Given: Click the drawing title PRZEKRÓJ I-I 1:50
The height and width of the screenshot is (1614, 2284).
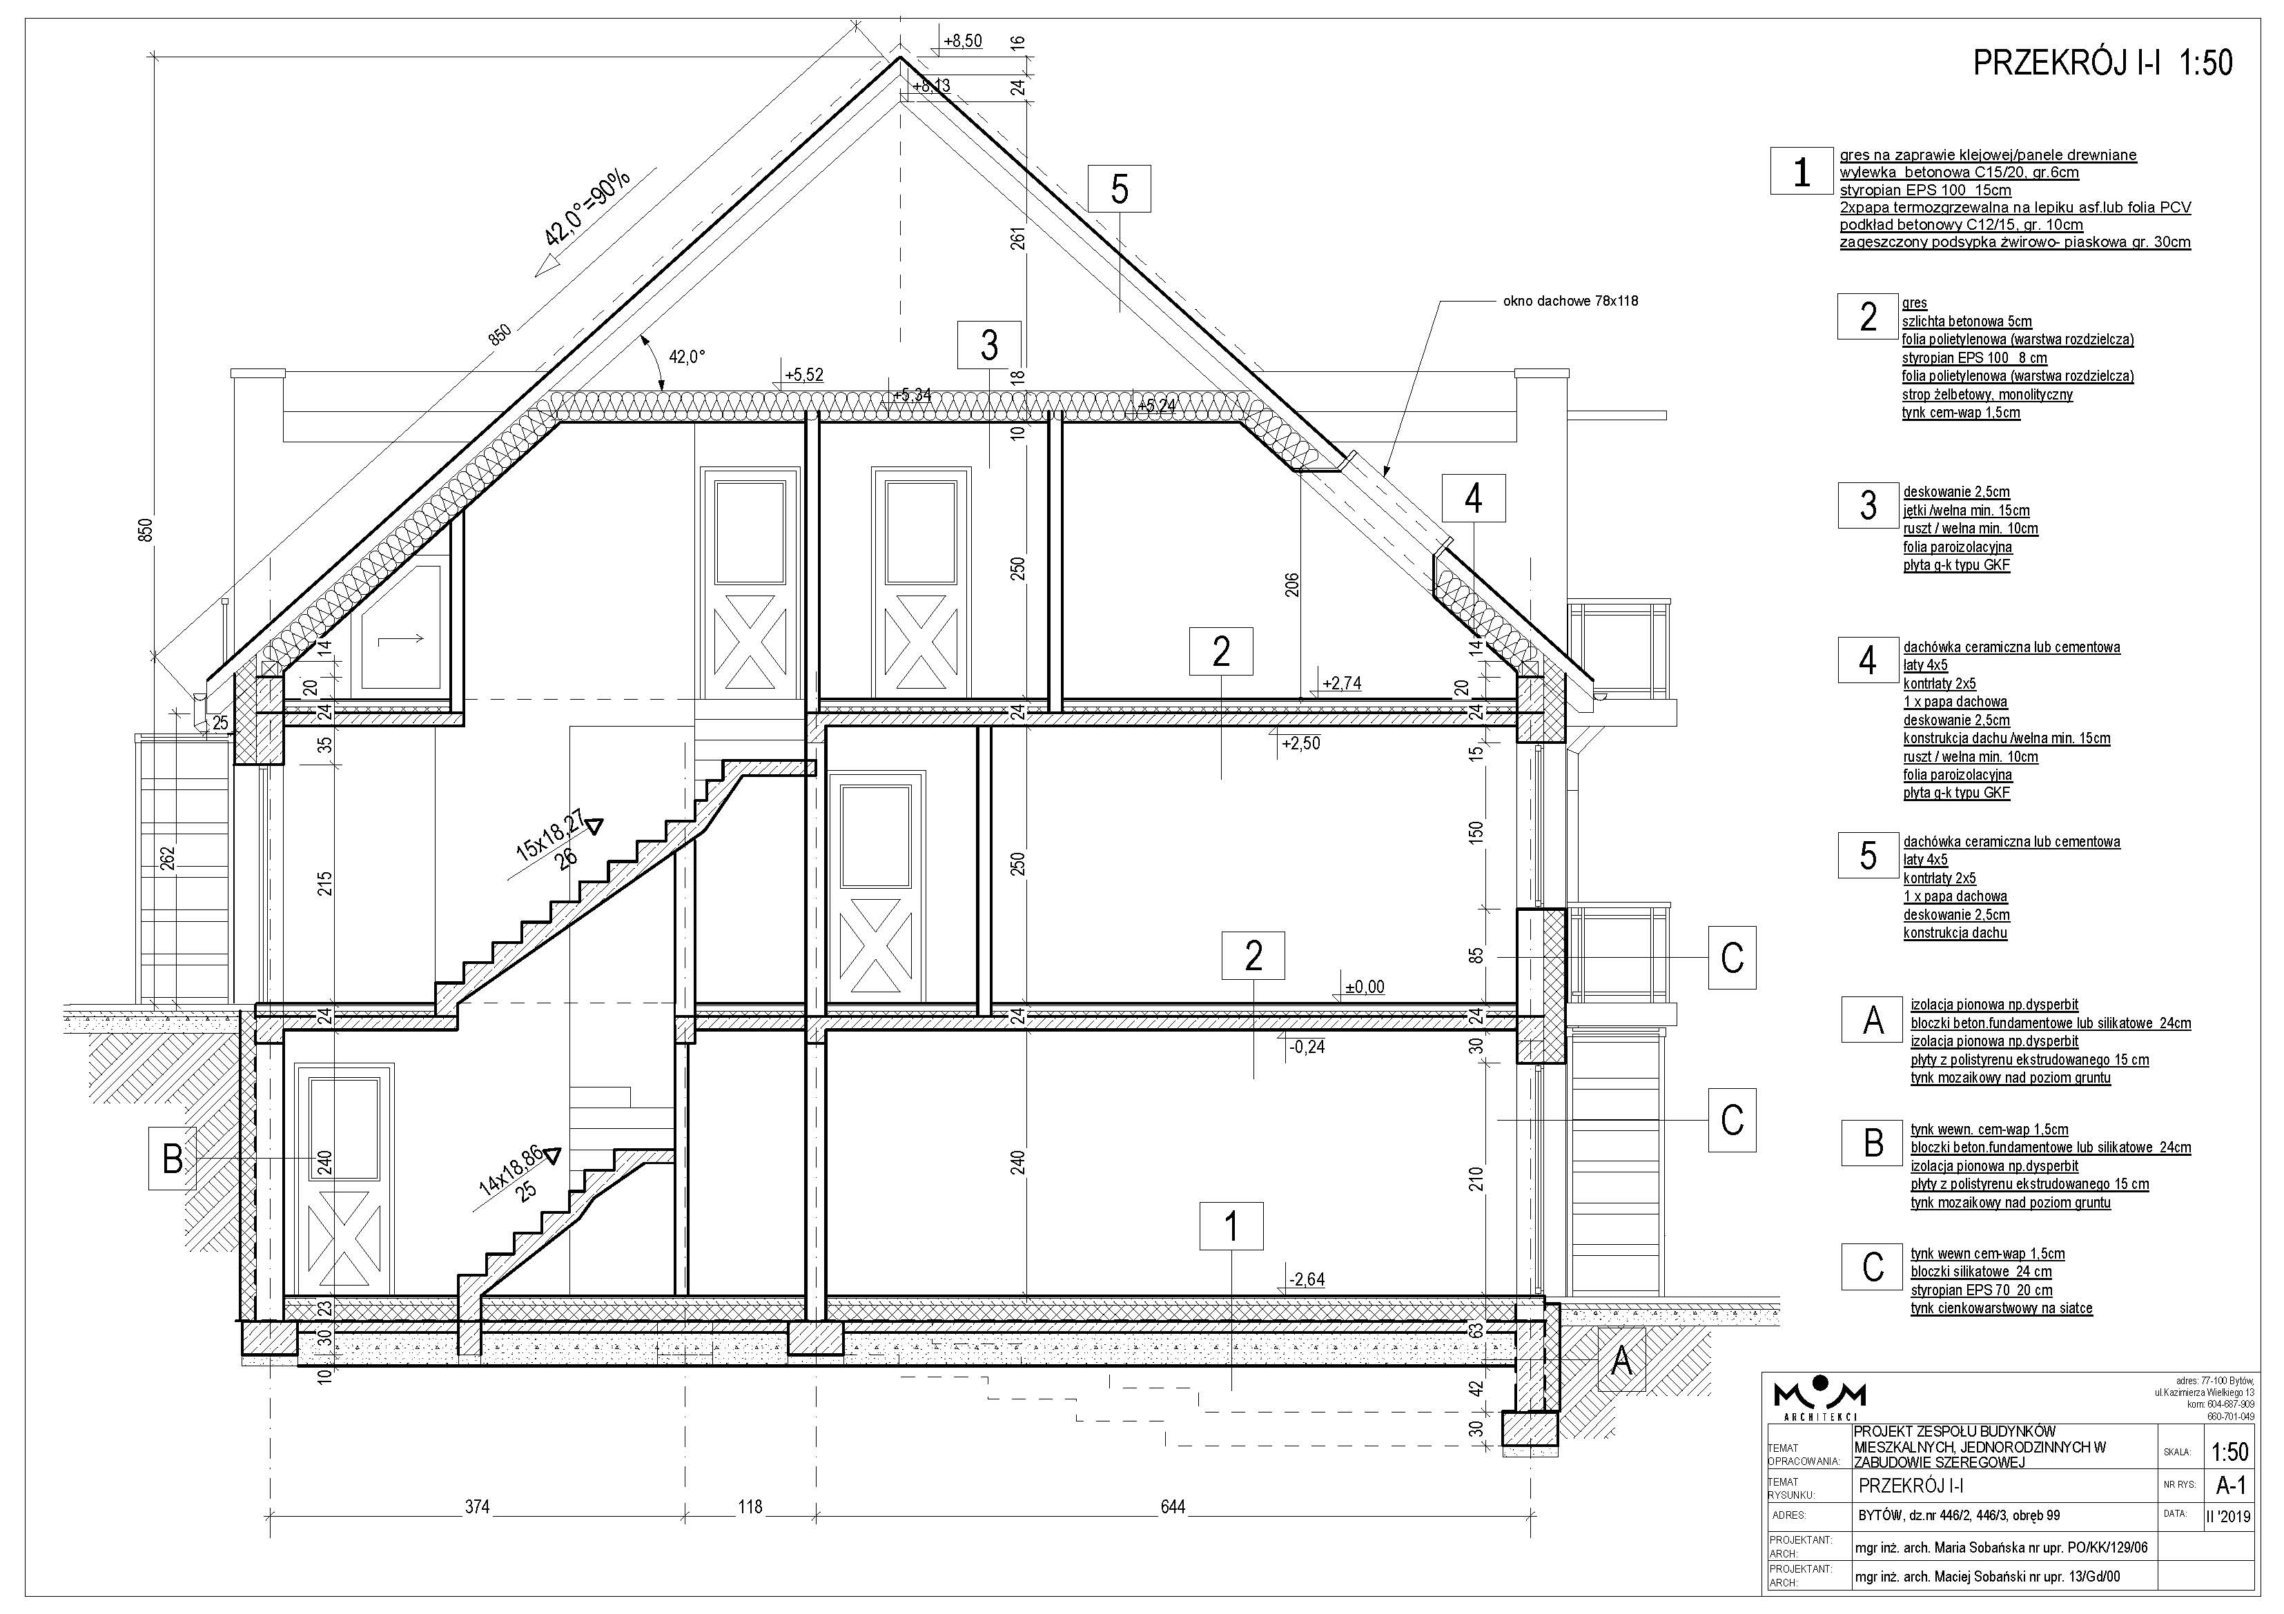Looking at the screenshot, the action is point(2103,63).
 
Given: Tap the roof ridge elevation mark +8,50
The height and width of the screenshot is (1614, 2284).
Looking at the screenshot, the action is point(963,41).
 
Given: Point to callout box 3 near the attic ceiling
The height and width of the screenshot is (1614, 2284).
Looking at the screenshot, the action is point(989,344).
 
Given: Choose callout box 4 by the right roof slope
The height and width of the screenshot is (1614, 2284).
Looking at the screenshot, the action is point(1473,498).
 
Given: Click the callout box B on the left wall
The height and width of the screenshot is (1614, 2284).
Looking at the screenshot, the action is point(172,1159).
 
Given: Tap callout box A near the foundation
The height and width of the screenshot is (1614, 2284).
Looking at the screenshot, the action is point(1621,1361).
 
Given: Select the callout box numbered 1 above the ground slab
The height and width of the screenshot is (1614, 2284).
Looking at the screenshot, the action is point(1231,1226).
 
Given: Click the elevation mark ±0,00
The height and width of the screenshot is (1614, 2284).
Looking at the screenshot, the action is point(1365,987).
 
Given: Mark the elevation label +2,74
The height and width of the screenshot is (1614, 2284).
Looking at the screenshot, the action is point(1341,683).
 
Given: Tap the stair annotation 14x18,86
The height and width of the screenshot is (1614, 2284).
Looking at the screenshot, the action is point(512,1170).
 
